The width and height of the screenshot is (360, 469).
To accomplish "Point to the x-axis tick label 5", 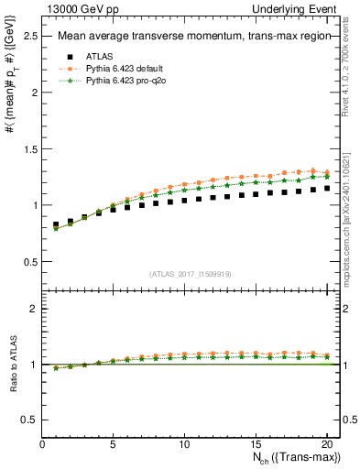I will pos(113,444).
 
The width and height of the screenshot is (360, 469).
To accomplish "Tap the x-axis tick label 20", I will pos(327,444).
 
